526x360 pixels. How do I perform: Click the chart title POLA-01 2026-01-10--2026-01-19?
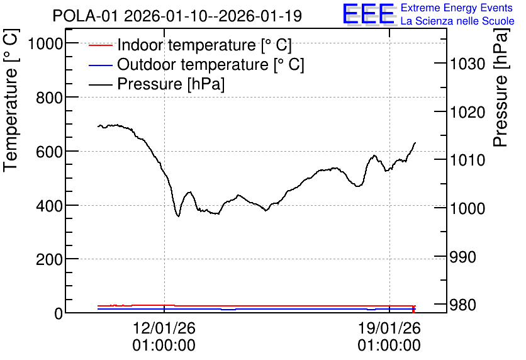pos(177,16)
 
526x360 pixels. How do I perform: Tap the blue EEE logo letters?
pos(369,14)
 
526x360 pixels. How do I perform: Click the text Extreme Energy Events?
pos(457,8)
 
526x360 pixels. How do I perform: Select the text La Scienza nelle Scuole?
pos(457,21)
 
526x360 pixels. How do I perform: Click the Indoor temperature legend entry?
pos(190,45)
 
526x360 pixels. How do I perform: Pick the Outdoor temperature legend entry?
pos(196,64)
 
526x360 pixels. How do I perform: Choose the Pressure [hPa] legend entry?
pos(157,84)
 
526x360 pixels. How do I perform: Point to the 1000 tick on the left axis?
pos(46,43)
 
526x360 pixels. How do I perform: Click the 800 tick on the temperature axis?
pos(49,98)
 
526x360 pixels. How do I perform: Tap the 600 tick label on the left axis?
pos(49,152)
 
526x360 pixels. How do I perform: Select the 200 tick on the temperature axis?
pos(49,259)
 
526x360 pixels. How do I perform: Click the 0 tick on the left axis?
pos(59,313)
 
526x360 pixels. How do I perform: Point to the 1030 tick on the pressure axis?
pos(467,64)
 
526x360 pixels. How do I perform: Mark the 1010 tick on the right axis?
pos(467,160)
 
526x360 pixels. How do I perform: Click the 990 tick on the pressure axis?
pos(463,257)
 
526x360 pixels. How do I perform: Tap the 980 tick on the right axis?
pos(463,305)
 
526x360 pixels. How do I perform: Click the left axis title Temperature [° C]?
pos(11,101)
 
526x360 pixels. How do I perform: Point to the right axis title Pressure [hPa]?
pos(501,87)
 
